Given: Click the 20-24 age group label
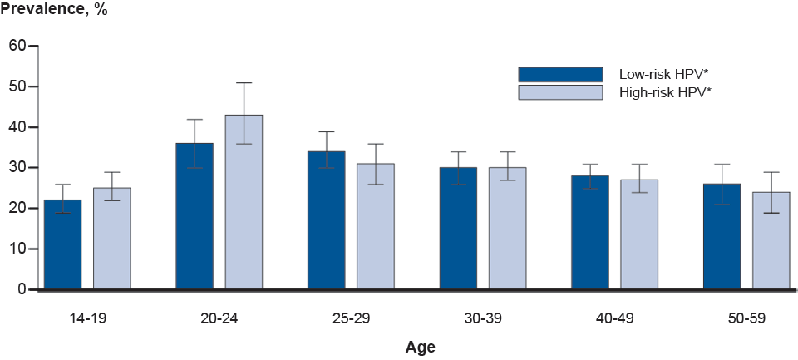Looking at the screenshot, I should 219,318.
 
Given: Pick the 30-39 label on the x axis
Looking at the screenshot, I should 483,318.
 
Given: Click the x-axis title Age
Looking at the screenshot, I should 420,347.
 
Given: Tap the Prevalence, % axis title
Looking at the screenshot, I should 54,12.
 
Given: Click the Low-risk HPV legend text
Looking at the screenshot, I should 663,74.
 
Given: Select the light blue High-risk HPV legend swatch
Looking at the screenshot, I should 560,92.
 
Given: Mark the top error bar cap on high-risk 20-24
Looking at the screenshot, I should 244,83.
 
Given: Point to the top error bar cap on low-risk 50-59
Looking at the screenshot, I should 722,165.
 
